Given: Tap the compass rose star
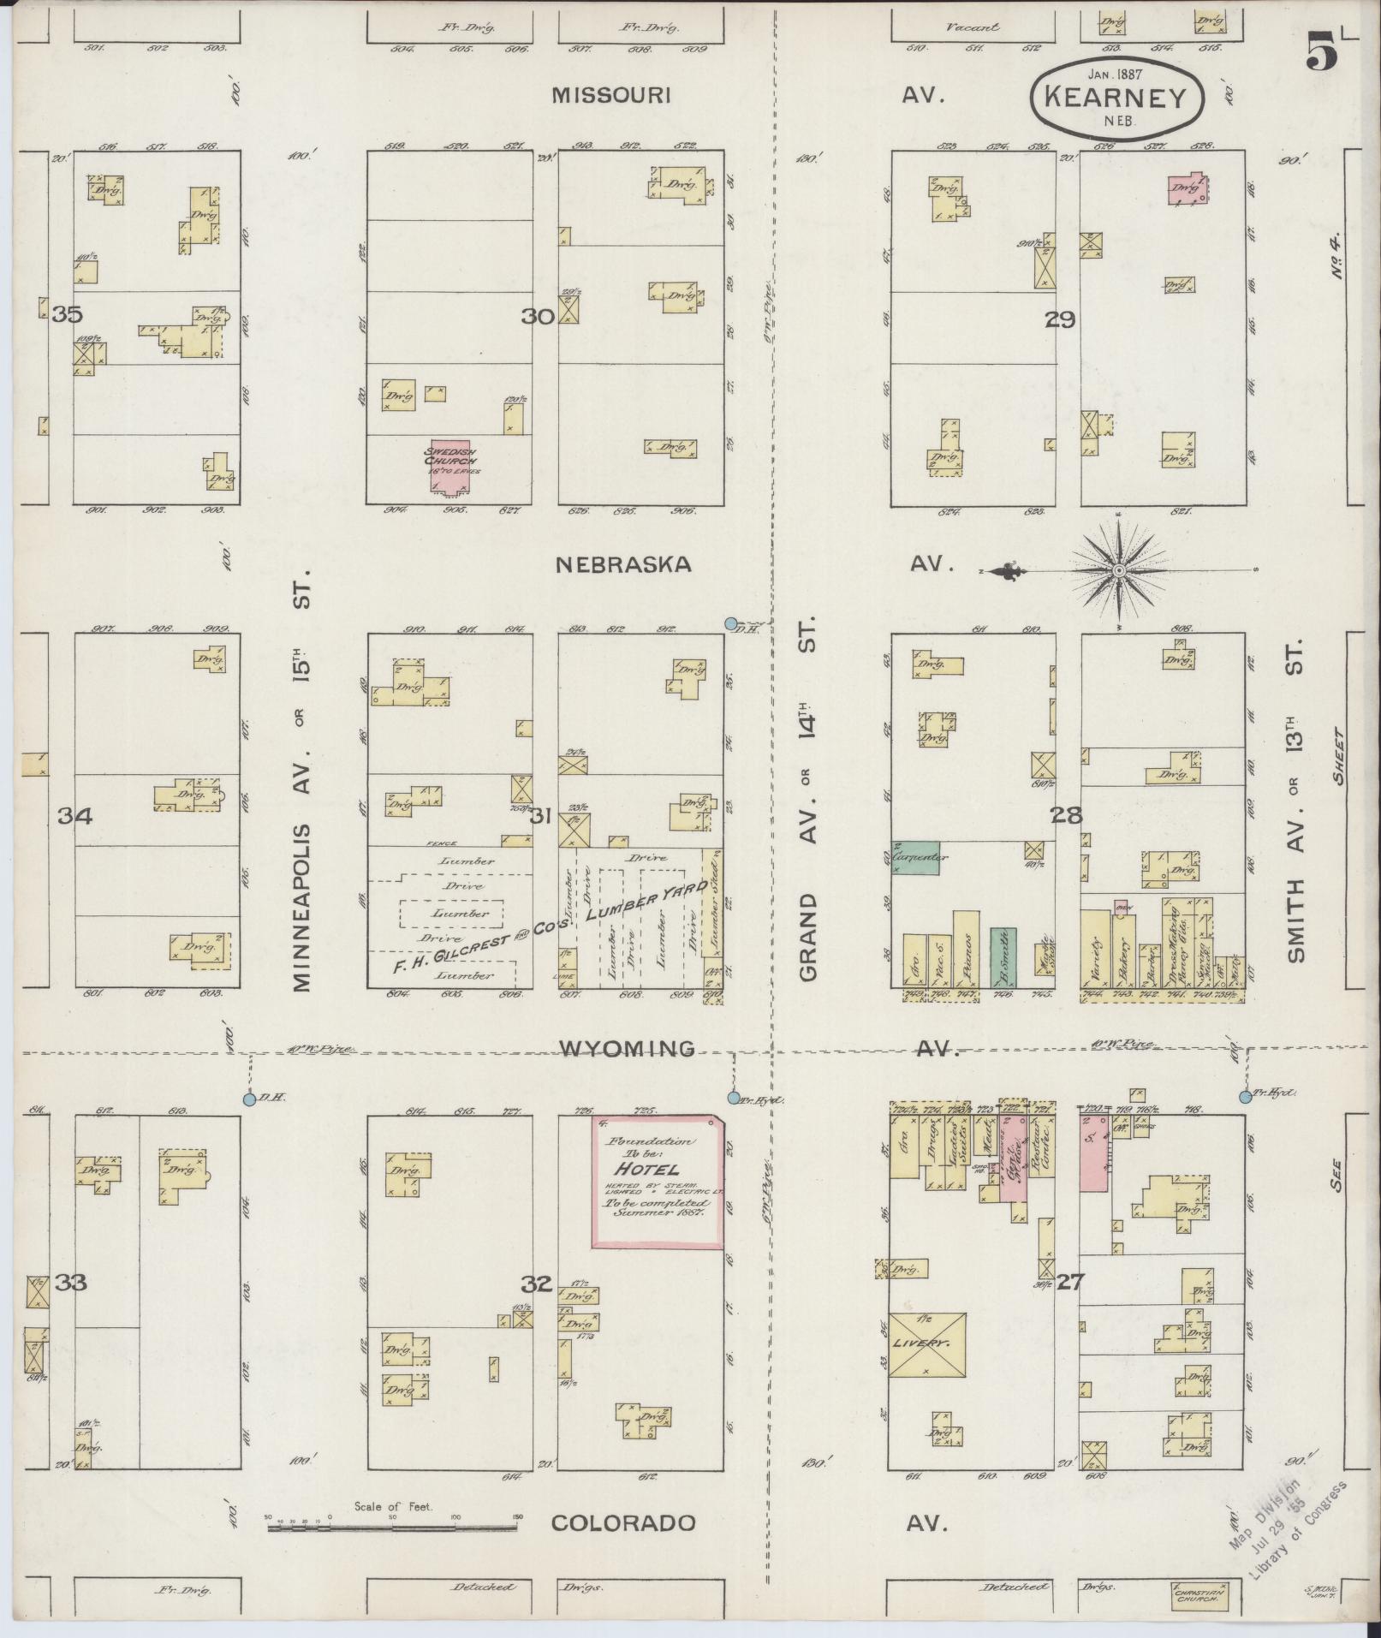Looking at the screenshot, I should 1118,569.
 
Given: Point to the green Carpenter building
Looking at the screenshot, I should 915,857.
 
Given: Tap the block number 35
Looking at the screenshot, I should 67,315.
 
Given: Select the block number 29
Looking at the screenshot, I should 1059,319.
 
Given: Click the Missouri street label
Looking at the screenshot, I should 610,95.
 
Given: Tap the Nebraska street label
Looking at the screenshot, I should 622,565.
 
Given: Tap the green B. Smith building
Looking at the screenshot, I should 1003,956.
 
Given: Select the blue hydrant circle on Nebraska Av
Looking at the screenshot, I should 731,623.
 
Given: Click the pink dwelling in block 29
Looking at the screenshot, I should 1186,188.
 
